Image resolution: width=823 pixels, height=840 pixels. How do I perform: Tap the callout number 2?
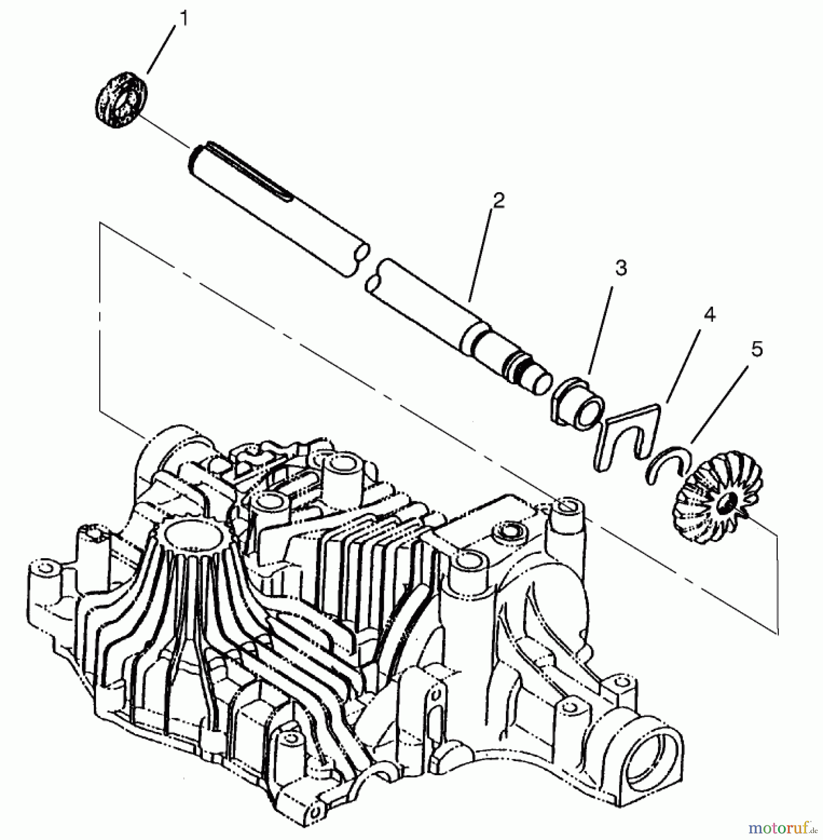[498, 201]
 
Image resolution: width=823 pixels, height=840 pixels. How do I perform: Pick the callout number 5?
[756, 349]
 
